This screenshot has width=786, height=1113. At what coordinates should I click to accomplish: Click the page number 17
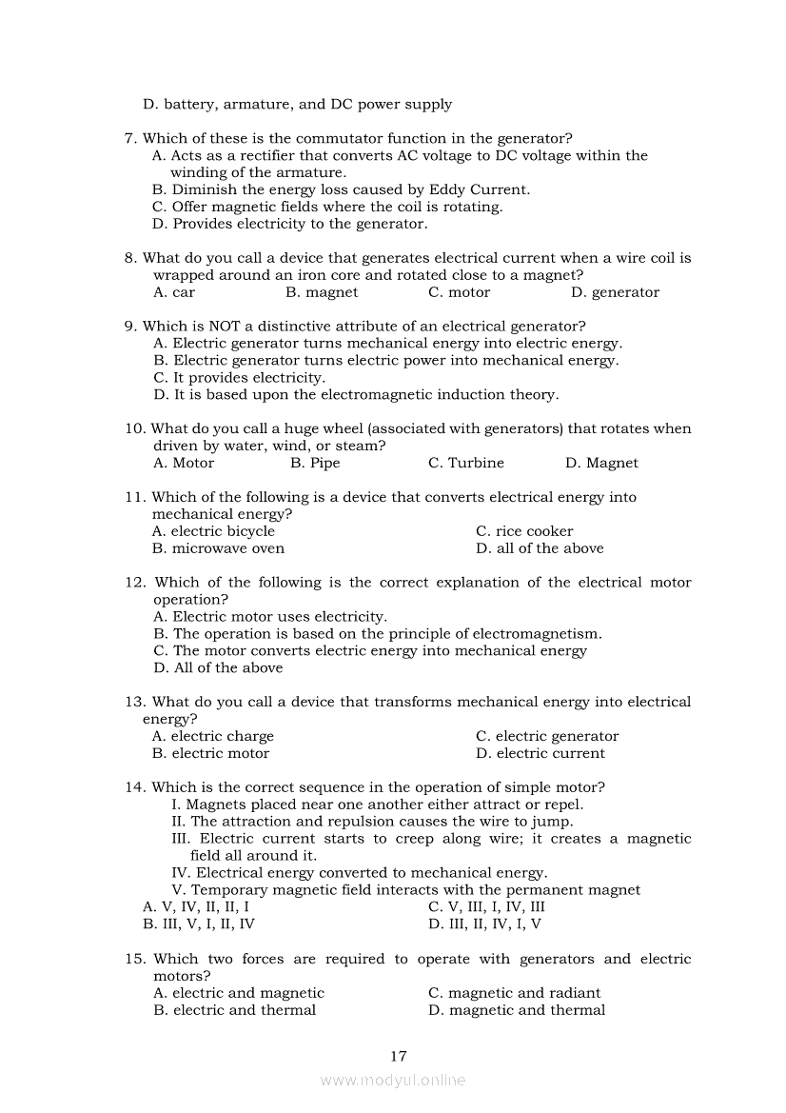[399, 1055]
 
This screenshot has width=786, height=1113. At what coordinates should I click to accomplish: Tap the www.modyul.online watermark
[393, 1080]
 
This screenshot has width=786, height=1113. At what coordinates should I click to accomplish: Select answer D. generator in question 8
[615, 292]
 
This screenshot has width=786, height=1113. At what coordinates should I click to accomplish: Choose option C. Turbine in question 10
[466, 463]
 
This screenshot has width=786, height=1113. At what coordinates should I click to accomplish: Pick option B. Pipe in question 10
[314, 463]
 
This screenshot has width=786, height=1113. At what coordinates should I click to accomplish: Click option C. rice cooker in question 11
[524, 531]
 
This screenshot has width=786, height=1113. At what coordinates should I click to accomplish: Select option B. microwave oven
[218, 548]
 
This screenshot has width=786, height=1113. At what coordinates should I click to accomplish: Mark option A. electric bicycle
[213, 531]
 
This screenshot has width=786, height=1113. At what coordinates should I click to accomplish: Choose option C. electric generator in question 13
[547, 736]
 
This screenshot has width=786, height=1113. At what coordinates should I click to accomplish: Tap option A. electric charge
[213, 736]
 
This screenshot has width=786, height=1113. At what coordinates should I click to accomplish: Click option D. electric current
[540, 753]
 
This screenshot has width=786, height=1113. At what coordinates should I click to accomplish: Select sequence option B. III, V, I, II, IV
[199, 924]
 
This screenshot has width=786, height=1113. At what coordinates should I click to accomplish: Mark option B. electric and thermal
[234, 1010]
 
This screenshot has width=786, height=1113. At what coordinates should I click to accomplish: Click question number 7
[130, 138]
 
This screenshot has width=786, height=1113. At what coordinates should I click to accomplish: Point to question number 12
[134, 583]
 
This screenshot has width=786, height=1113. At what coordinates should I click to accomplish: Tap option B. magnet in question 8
[322, 292]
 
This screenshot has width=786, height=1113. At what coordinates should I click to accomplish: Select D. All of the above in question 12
[218, 667]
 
